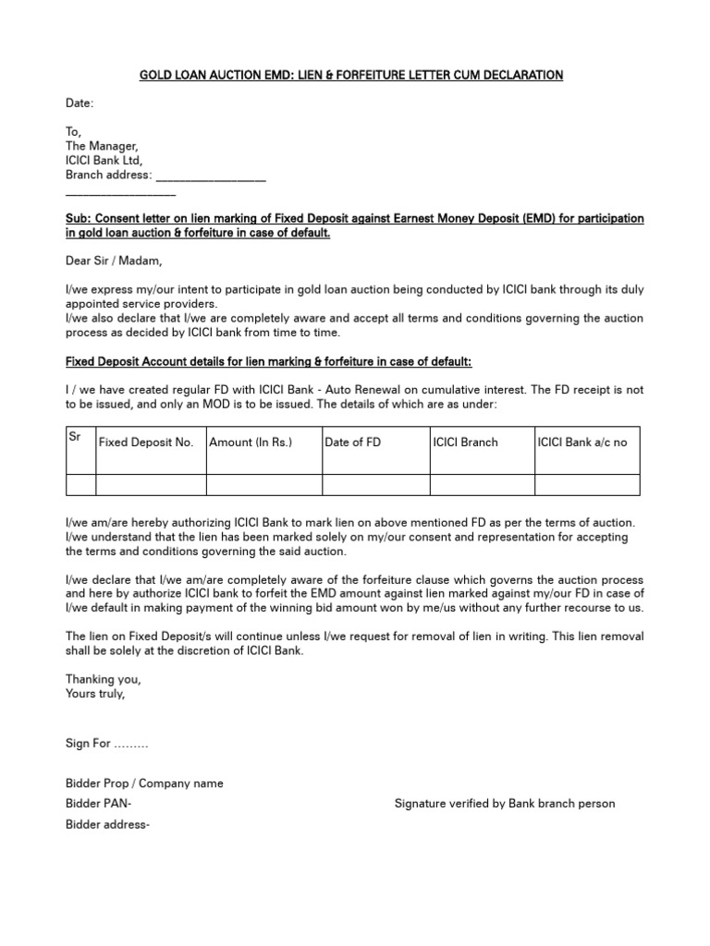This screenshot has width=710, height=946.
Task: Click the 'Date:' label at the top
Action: pos(80,103)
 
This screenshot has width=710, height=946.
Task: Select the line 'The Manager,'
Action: pos(102,146)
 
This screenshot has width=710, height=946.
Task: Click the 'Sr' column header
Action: pos(76,435)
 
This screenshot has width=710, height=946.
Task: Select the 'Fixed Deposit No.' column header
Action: pos(146,443)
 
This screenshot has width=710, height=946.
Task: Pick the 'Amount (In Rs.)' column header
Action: pos(251,443)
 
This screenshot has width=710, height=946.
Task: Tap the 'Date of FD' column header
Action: pos(353,443)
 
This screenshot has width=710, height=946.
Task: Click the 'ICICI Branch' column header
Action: pos(465,443)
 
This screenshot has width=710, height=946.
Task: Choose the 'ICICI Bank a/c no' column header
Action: pos(582,443)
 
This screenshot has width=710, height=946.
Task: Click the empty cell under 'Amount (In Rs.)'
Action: pos(263,485)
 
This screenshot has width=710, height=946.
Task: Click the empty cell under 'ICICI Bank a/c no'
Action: pos(587,485)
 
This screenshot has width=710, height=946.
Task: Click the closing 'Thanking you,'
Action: pos(104,679)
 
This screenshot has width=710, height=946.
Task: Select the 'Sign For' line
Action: pos(106,744)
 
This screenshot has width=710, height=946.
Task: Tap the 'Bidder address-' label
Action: pos(107,824)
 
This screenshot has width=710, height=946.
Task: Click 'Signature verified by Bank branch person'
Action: pos(504,804)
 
